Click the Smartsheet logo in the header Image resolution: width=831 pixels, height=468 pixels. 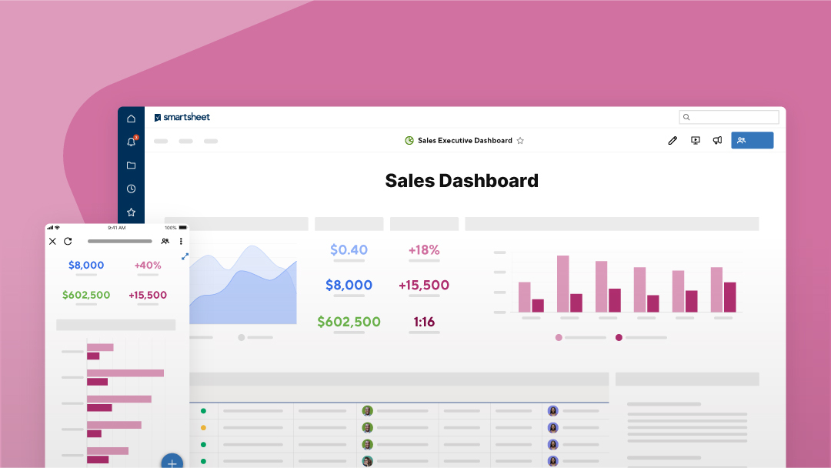(x=182, y=117)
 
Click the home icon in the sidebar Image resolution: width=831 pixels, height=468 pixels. (x=131, y=119)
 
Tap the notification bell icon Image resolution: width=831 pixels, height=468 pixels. (x=131, y=142)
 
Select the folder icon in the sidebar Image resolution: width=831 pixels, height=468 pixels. (x=131, y=165)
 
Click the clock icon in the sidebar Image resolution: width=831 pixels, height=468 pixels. (x=131, y=189)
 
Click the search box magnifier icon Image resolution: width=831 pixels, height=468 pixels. (x=687, y=118)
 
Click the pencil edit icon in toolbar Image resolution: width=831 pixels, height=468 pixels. (x=672, y=141)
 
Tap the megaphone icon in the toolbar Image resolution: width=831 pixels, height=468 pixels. (x=717, y=141)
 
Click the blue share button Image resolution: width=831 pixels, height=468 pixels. (x=752, y=140)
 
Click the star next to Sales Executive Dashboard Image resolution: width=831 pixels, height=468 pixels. (x=520, y=141)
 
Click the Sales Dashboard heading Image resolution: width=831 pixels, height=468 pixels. (x=462, y=181)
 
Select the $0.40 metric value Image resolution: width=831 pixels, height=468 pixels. (x=349, y=249)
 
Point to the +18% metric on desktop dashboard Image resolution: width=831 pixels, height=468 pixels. (x=424, y=249)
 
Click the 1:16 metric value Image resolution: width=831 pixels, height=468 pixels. (x=424, y=322)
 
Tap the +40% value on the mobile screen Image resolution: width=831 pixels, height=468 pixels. (x=148, y=265)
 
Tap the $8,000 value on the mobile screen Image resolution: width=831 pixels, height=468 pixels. (x=86, y=265)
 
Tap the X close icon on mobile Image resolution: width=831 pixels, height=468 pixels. (x=52, y=241)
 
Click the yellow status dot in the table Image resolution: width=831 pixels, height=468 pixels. (x=203, y=427)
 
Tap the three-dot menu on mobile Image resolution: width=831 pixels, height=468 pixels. (x=181, y=241)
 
